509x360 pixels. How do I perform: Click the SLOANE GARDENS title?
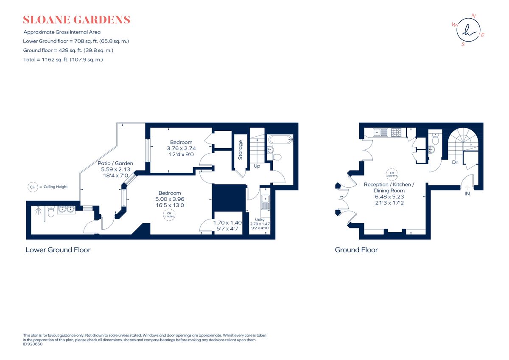coord(76,20)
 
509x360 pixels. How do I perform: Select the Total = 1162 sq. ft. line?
coord(63,60)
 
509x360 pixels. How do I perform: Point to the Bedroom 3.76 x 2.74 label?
coord(181,148)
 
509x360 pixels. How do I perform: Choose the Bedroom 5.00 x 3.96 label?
coord(170,199)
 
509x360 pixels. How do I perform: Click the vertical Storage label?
coord(241,149)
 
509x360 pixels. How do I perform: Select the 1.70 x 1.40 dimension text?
coord(227,225)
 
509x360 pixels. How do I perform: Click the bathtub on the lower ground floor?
coord(280,139)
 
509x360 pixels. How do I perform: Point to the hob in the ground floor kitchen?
coord(396,132)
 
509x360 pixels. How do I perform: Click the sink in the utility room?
coord(265,201)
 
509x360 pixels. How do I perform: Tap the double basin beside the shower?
coord(66,209)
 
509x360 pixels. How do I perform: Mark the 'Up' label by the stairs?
coord(257,166)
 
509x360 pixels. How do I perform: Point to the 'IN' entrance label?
coord(467,194)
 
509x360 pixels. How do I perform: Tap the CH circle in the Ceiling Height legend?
coord(32,187)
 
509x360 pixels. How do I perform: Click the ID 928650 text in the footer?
coord(33,344)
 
